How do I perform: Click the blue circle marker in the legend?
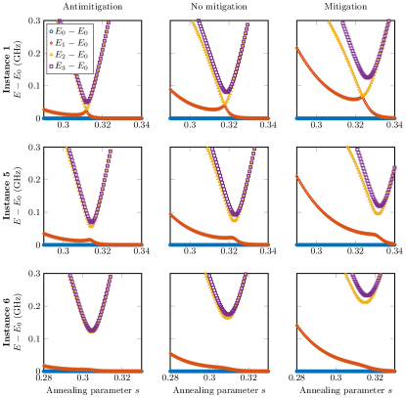click(x=52, y=31)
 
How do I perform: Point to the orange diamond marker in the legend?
click(x=52, y=43)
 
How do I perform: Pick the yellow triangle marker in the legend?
click(x=52, y=55)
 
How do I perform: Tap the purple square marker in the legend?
click(x=52, y=66)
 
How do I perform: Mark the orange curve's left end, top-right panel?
click(x=296, y=47)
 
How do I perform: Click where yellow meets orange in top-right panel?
click(x=361, y=98)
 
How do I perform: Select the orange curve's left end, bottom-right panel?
click(x=296, y=326)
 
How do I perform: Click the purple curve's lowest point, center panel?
click(x=234, y=214)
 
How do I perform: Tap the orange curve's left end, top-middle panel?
click(x=170, y=89)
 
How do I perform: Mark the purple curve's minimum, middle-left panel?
click(x=91, y=223)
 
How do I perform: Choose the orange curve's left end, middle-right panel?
click(x=296, y=176)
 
